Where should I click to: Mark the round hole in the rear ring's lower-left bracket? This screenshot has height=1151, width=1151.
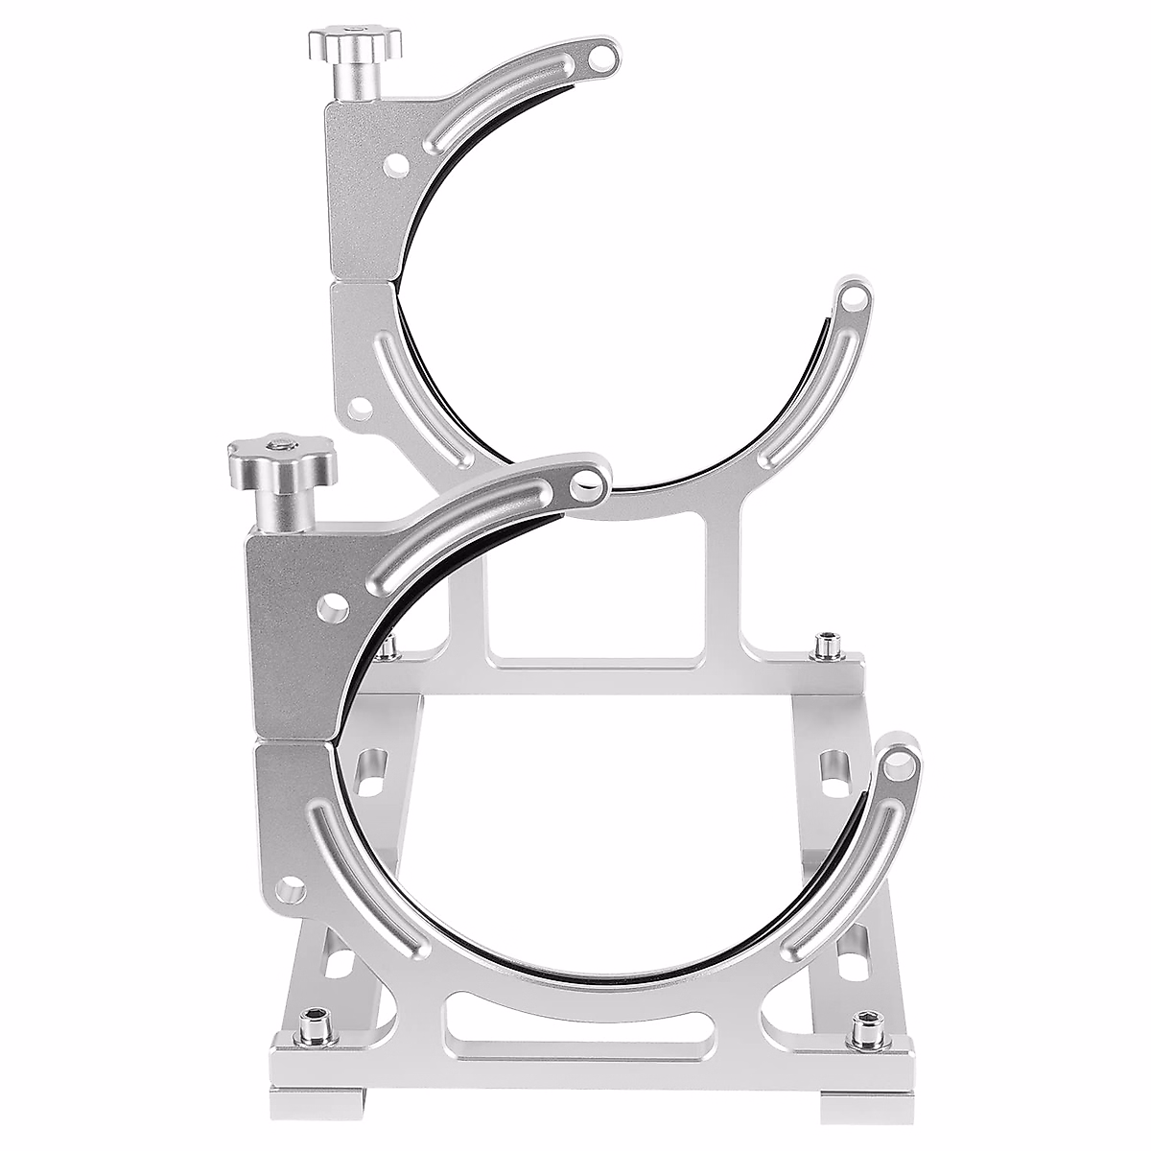pos(360,411)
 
